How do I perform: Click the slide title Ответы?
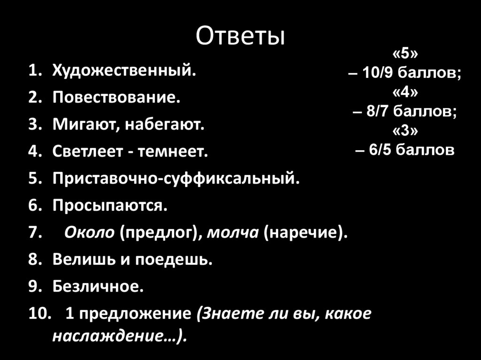tap(240, 37)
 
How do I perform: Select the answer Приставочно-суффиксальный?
tap(176, 178)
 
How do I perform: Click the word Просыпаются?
tap(109, 205)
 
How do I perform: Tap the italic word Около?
tap(89, 232)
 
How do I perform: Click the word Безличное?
tap(98, 286)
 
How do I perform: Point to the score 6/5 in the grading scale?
tap(380, 150)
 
